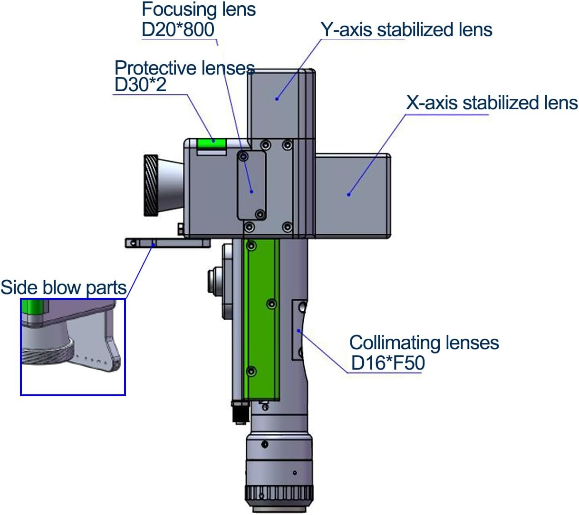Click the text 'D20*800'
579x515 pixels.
click(178, 29)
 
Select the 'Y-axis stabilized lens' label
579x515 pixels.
click(406, 29)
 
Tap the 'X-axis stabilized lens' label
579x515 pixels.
click(492, 103)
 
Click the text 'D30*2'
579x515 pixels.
click(140, 85)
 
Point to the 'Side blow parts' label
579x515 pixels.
click(64, 287)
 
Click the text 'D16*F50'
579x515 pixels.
click(387, 363)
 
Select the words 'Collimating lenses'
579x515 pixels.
click(424, 343)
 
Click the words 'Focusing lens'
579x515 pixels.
click(199, 10)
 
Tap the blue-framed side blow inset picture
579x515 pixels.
click(73, 347)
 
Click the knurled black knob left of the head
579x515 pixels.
click(151, 185)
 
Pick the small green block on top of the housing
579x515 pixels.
click(211, 141)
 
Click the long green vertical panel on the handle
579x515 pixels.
click(261, 318)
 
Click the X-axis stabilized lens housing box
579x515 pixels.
click(353, 195)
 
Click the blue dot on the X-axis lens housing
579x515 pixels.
click(348, 194)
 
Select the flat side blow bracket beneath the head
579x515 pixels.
click(167, 243)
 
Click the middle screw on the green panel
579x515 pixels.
click(272, 303)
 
